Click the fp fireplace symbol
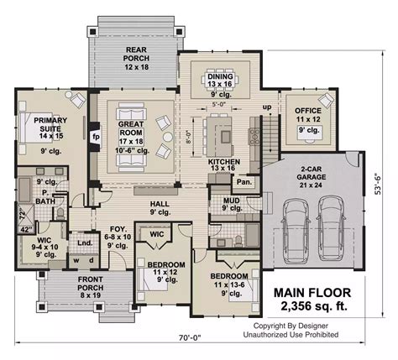point(96,134)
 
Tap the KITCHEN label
point(224,162)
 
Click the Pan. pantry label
point(244,181)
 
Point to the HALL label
point(160,203)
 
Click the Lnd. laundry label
point(84,244)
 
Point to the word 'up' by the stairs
point(267,108)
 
